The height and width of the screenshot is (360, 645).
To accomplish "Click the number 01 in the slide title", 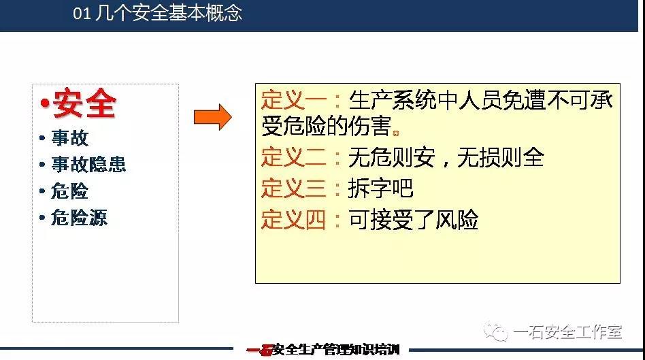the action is click(82, 13).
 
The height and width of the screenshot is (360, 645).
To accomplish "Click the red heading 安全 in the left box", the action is click(85, 103).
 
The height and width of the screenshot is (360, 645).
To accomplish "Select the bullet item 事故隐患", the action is click(88, 164).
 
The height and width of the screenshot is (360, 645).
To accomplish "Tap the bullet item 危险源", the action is click(79, 217).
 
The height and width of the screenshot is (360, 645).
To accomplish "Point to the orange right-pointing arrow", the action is click(213, 117).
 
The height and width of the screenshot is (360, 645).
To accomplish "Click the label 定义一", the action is click(294, 100).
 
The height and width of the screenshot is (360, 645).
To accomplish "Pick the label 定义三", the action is click(294, 188).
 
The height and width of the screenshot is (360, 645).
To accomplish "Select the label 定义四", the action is click(294, 219).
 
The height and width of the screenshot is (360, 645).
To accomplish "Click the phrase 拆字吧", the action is click(380, 188).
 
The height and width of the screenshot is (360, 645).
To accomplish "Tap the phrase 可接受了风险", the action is click(414, 219).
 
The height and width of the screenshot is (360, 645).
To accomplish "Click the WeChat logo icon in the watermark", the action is click(496, 331).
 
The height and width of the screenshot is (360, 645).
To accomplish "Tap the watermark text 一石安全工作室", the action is click(567, 332).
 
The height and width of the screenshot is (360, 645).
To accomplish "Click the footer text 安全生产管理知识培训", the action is click(336, 350).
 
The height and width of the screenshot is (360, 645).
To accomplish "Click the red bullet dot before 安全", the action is click(44, 103).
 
